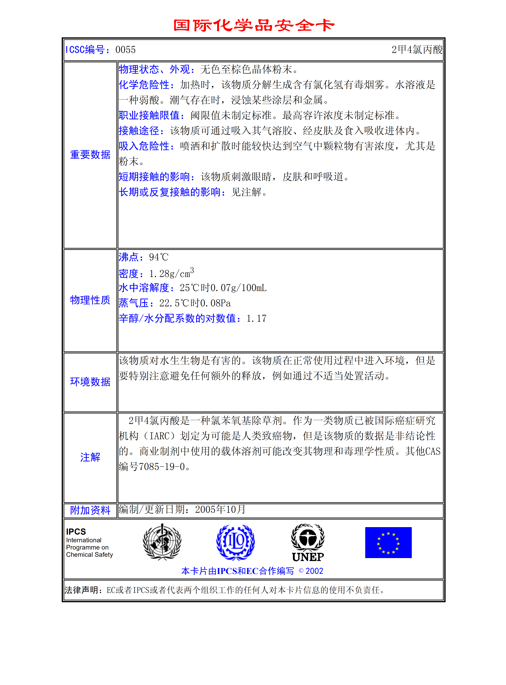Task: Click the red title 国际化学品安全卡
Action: click(254, 25)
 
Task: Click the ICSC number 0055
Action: click(126, 50)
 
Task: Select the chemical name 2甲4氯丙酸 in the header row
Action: click(417, 50)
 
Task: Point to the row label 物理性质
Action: click(90, 300)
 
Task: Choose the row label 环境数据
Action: click(90, 382)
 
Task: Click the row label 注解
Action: click(90, 457)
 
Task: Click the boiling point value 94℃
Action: click(159, 257)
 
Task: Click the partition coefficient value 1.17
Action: click(256, 318)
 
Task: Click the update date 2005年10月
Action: click(220, 509)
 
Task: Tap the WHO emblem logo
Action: click(162, 542)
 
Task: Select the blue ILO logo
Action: click(235, 542)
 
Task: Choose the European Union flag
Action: click(388, 543)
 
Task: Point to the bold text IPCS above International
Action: click(76, 532)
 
